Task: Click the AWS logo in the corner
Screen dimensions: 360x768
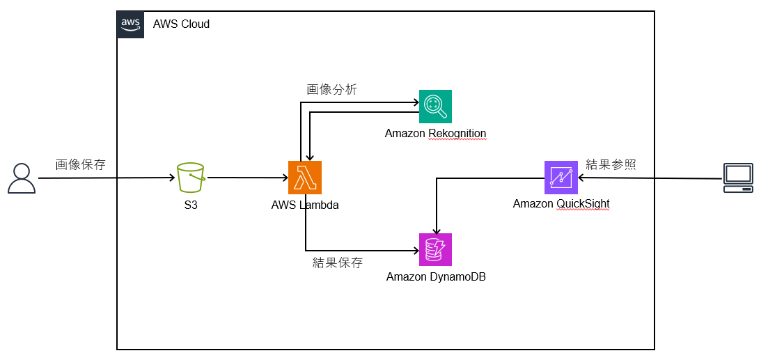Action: click(x=130, y=24)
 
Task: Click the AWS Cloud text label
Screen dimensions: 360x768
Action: click(x=181, y=24)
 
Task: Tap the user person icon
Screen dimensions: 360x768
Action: click(x=22, y=178)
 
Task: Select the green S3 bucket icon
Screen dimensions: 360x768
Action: click(x=191, y=178)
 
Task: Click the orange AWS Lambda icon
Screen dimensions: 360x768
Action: click(x=305, y=178)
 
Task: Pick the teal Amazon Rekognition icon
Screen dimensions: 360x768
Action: click(x=435, y=107)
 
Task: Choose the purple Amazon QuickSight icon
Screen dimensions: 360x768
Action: click(x=561, y=178)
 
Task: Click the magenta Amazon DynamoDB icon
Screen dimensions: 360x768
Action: click(x=435, y=249)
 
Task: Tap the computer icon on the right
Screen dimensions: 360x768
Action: click(x=738, y=178)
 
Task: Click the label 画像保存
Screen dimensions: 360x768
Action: click(x=81, y=164)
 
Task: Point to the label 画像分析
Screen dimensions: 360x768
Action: click(x=332, y=89)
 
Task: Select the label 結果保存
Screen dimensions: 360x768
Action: click(x=338, y=263)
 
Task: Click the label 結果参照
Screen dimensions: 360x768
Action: click(x=611, y=164)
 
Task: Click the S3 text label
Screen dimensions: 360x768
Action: click(x=191, y=205)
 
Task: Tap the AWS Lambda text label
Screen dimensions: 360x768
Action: click(x=305, y=205)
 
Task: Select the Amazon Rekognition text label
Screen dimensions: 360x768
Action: click(x=435, y=133)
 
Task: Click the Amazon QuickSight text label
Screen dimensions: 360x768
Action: click(x=561, y=204)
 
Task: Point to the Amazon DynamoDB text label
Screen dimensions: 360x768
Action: click(x=436, y=276)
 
